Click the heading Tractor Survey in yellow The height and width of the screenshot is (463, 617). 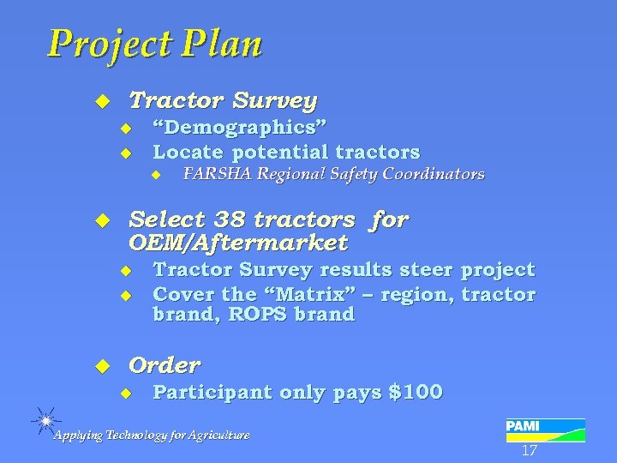pos(222,100)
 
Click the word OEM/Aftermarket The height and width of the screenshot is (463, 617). pos(237,244)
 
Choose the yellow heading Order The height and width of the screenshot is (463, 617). pos(164,365)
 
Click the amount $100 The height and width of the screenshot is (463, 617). pos(416,393)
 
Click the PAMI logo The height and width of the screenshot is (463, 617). pos(545,429)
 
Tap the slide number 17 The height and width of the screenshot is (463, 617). pos(529,450)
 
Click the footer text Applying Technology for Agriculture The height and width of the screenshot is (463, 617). pos(152,436)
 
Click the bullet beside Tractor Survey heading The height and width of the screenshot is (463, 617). pos(103,101)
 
